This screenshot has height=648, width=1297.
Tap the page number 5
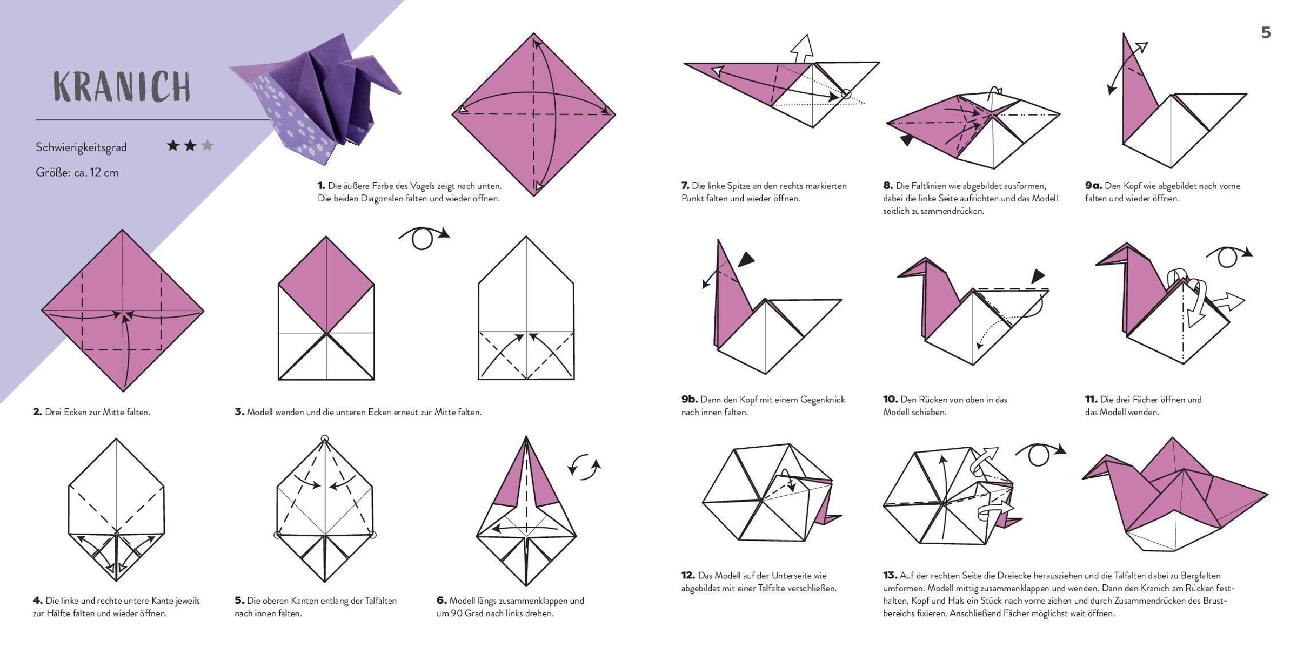(1266, 33)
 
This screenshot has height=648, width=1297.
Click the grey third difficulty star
(207, 145)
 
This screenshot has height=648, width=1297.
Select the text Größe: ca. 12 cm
(77, 173)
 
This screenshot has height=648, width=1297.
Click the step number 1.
(321, 186)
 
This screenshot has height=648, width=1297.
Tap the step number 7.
(685, 186)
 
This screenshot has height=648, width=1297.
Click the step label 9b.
(689, 400)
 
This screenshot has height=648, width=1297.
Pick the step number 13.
(890, 576)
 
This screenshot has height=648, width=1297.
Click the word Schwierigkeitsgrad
(81, 147)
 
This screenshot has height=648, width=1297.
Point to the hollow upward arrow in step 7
(802, 49)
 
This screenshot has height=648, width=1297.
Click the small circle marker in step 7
(846, 94)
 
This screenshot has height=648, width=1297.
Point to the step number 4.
(37, 600)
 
